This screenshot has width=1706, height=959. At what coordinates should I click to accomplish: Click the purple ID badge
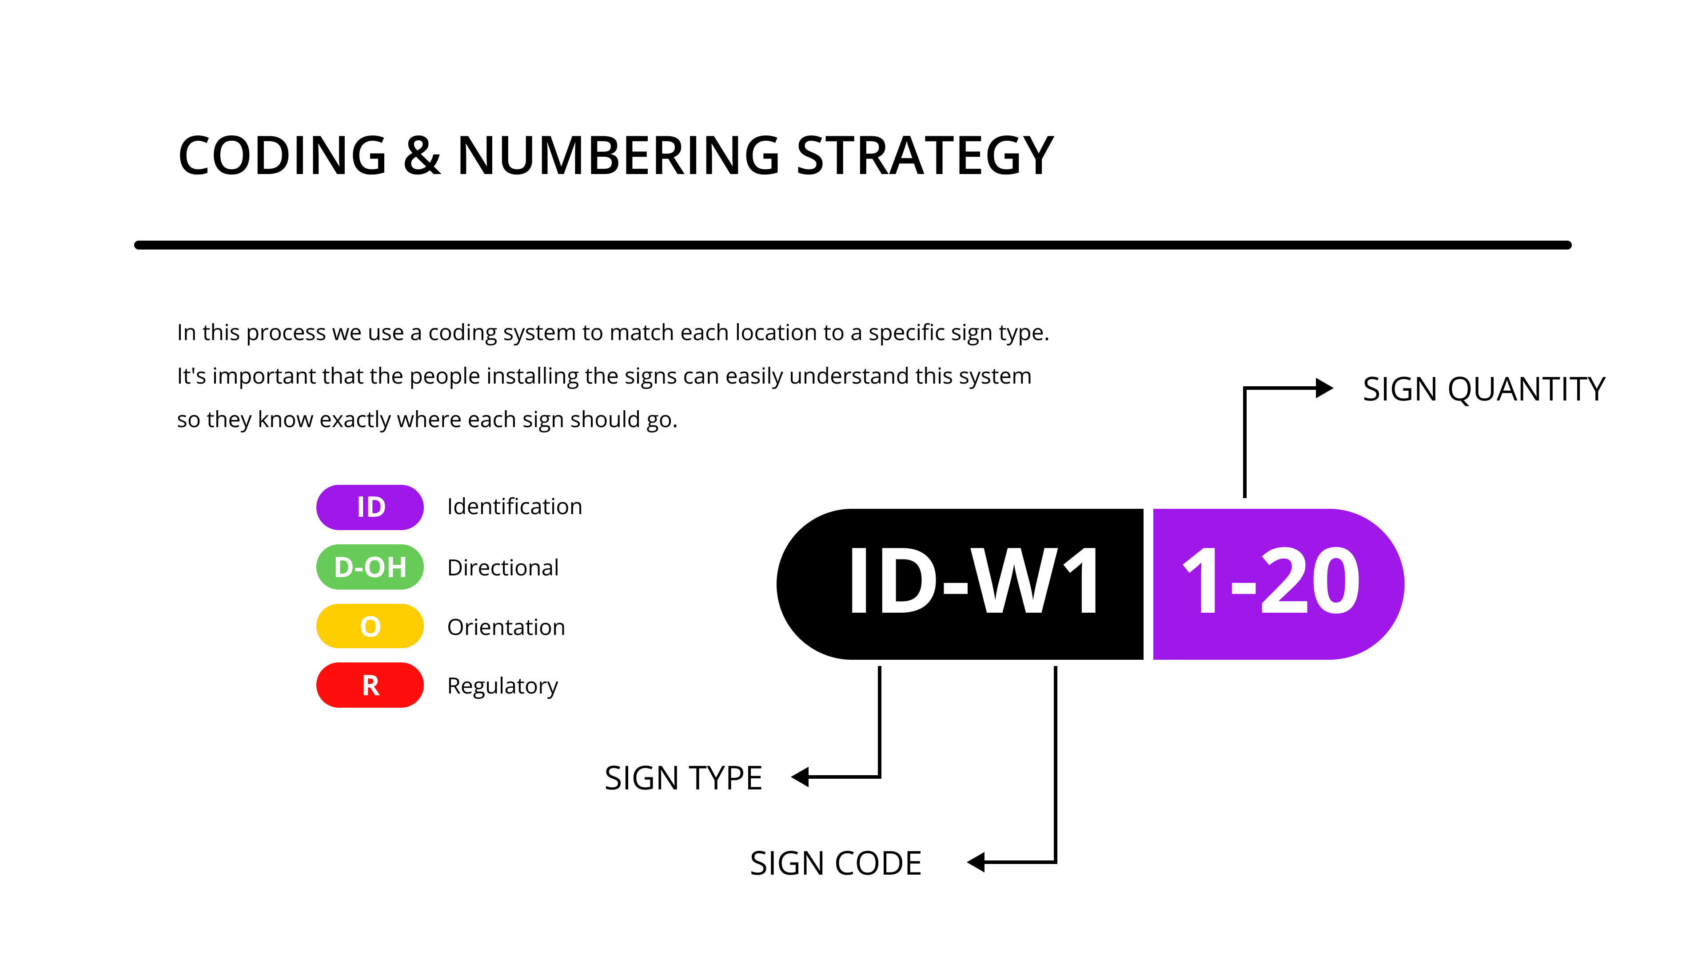[x=370, y=507]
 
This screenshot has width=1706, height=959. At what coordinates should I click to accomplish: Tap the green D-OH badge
[x=370, y=567]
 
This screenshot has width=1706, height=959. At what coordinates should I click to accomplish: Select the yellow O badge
[x=370, y=626]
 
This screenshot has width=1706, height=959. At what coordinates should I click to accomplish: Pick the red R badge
[x=370, y=685]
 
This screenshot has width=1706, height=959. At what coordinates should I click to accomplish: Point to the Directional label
[x=502, y=567]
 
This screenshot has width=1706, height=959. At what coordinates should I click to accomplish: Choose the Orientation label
[x=506, y=627]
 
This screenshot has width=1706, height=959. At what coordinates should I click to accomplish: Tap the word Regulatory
[x=502, y=686]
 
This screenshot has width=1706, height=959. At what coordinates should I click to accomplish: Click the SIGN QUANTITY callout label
[x=1483, y=389]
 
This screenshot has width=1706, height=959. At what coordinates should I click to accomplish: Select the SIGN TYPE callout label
[x=683, y=778]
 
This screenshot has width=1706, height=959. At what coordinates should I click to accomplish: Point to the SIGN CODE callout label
[x=835, y=863]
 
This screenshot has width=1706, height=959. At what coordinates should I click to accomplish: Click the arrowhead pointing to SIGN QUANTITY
[x=1324, y=388]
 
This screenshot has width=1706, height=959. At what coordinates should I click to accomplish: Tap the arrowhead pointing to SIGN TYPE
[x=800, y=777]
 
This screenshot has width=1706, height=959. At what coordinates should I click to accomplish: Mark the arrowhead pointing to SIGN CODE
[x=976, y=862]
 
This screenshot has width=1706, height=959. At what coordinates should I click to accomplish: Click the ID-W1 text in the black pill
[x=973, y=582]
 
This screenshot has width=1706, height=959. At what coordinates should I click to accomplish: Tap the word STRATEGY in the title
[x=925, y=155]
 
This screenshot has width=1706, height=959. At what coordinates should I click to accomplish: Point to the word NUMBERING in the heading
[x=618, y=155]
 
